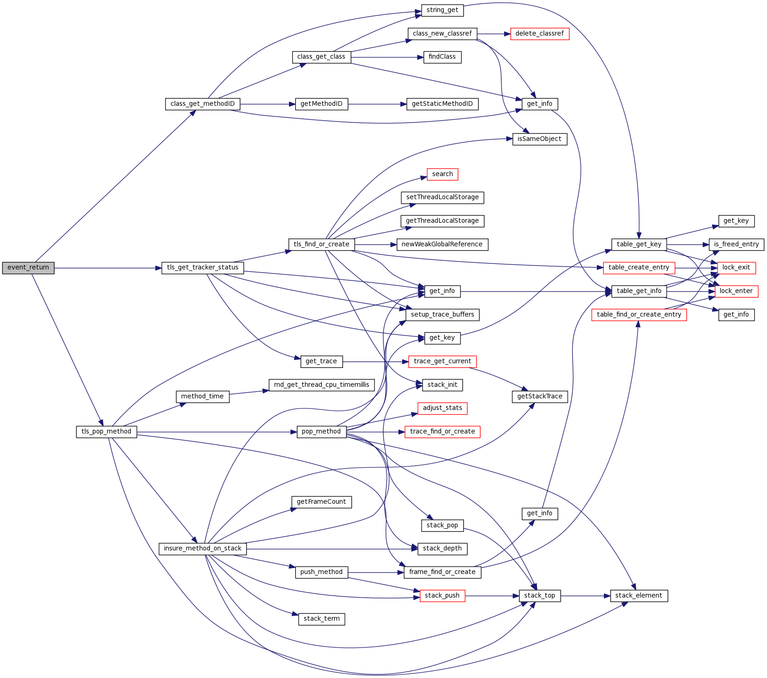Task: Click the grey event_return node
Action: tap(28, 268)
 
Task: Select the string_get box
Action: tap(442, 10)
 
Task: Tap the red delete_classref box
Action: tap(539, 34)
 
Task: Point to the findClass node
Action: tap(442, 57)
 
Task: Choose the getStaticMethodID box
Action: tap(442, 104)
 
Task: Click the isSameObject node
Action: tap(539, 139)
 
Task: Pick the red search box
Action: tap(442, 174)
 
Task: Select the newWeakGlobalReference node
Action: tap(442, 244)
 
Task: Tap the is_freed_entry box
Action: tap(736, 244)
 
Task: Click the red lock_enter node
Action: tap(736, 291)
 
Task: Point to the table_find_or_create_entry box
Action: tap(639, 315)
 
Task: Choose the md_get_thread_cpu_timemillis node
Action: tap(321, 385)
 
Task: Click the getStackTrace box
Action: tap(539, 397)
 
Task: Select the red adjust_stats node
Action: tap(442, 408)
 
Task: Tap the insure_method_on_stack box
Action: tap(202, 549)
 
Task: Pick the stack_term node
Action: tap(321, 619)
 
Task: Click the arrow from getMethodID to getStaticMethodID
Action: tap(377, 104)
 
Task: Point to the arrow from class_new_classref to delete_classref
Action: tap(493, 34)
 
